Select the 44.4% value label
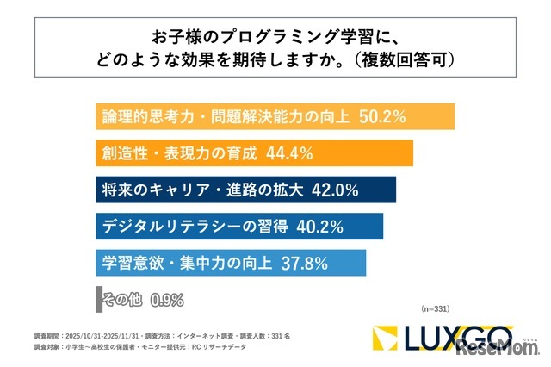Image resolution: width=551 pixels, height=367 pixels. pyautogui.click(x=288, y=153)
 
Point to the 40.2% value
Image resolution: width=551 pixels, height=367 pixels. pyautogui.click(x=320, y=227)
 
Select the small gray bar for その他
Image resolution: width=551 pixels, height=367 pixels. pyautogui.click(x=98, y=300)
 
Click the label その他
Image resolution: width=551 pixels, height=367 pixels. pyautogui.click(x=123, y=301)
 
